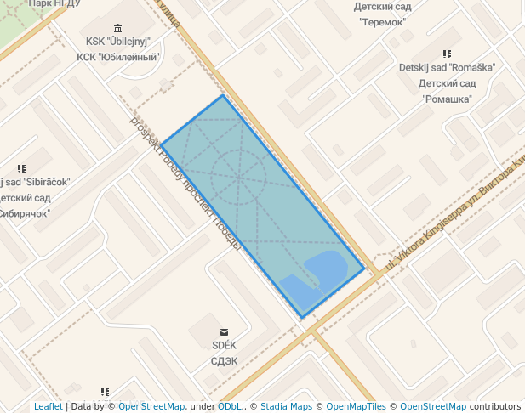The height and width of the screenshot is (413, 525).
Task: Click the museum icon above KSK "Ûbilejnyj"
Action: (117, 28)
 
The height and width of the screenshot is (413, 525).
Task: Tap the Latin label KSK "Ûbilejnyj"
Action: (117, 42)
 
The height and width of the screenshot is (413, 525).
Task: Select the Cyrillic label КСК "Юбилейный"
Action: (118, 57)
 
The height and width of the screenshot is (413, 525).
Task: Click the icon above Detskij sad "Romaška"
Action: (447, 54)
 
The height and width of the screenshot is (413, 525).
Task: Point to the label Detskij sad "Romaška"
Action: (447, 67)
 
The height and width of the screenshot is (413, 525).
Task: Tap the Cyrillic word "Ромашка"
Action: (447, 99)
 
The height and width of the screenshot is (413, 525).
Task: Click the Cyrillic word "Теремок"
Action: (382, 21)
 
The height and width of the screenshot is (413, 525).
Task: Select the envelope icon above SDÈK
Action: (224, 331)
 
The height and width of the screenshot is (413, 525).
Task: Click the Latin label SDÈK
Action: (224, 345)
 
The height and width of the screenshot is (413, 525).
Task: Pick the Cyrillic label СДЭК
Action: (224, 360)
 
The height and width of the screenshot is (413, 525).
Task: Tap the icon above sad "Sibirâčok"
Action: (21, 168)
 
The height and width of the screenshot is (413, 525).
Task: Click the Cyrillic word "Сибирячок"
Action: (26, 214)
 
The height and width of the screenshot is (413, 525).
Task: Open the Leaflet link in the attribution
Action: (48, 406)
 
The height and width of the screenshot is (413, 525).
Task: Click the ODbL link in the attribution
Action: (230, 406)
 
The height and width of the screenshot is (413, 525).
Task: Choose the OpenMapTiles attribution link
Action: (356, 406)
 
